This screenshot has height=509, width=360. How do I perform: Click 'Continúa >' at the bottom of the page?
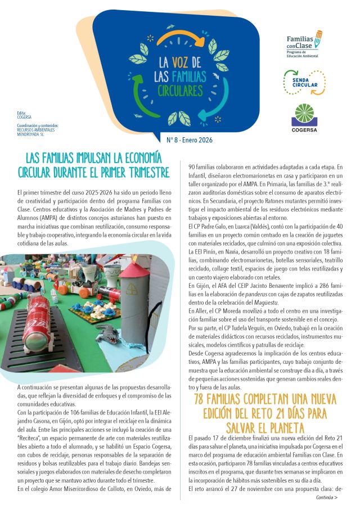[x=327, y=498]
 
